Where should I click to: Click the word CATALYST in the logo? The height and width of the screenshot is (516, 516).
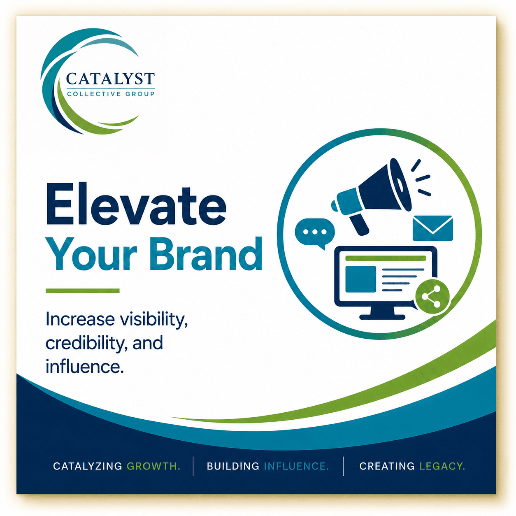click(x=110, y=79)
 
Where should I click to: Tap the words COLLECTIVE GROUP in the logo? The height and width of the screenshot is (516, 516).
click(x=111, y=94)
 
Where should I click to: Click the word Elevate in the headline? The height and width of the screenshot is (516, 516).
click(x=136, y=204)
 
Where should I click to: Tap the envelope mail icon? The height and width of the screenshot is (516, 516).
click(x=433, y=228)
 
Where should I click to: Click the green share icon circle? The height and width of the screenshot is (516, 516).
click(x=432, y=296)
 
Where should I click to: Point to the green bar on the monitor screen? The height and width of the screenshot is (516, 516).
click(x=386, y=258)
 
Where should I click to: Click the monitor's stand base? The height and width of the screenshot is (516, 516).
click(x=382, y=317)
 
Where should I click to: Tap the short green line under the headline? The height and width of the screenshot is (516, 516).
click(x=82, y=291)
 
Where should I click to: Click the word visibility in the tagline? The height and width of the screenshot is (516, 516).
click(x=153, y=319)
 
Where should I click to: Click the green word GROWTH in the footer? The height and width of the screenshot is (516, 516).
click(x=153, y=466)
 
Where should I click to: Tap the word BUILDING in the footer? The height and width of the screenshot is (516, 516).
click(x=233, y=466)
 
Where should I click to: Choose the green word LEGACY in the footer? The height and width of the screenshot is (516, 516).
click(x=442, y=466)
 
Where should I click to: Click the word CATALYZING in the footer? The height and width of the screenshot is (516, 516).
click(x=87, y=466)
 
